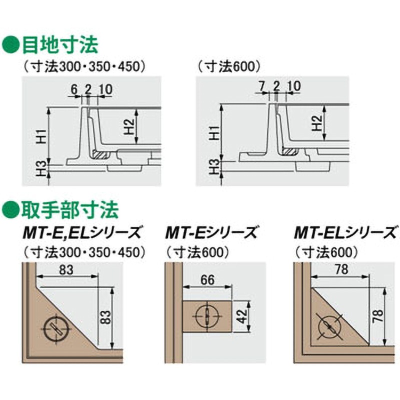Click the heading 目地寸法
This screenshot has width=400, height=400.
tap(60, 45)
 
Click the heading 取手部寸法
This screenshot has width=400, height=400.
tap(70, 210)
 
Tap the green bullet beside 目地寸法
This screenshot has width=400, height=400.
tap(10, 45)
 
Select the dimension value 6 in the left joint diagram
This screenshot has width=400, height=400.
tap(73, 89)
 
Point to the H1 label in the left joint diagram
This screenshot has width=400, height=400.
tap(42, 136)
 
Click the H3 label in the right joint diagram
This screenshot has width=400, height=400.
tap(215, 167)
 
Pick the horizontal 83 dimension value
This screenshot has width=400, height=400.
tap(66, 270)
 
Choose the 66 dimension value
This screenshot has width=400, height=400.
tap(207, 280)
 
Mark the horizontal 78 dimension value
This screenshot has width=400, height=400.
tap(341, 269)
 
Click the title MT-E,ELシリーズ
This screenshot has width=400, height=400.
tap(81, 233)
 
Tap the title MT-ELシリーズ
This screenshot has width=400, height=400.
tap(345, 233)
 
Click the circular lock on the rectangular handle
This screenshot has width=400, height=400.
tap(207, 316)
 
